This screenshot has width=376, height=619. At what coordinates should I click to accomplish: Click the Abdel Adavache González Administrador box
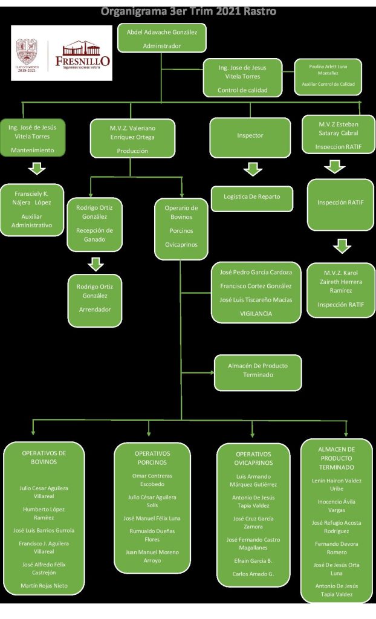[161, 38]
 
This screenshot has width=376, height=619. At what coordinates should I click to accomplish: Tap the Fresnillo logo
[62, 53]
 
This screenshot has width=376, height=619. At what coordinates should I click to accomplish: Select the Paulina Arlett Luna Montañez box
[328, 76]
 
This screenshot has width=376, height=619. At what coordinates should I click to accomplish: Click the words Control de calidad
[242, 91]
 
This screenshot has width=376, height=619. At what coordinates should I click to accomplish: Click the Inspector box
[250, 136]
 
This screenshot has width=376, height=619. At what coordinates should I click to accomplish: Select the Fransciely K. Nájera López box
[32, 209]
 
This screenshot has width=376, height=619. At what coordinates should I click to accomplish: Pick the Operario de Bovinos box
[181, 226]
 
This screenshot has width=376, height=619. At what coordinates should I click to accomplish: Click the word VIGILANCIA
[256, 314]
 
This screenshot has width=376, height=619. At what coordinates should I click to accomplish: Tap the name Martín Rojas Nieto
[44, 585]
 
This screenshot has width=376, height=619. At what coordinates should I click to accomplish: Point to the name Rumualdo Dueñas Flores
[152, 535]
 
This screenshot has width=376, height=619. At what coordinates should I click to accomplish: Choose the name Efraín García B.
[253, 560]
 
